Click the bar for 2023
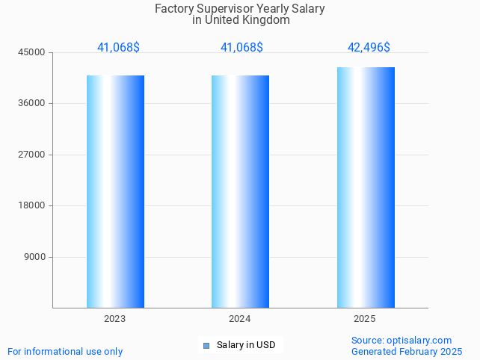[x=115, y=191]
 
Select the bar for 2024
[x=240, y=191]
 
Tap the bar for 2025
[x=366, y=187]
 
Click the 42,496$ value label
[x=369, y=47]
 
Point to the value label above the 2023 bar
[x=118, y=47]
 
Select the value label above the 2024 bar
[x=241, y=47]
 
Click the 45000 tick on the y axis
[x=32, y=52]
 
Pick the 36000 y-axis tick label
[x=32, y=104]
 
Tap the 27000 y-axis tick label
[x=32, y=155]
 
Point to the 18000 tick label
[x=32, y=206]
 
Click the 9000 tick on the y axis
[x=34, y=257]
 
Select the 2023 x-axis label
[x=115, y=319]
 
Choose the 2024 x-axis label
[x=240, y=319]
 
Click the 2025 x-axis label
[x=365, y=319]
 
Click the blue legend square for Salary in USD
[x=206, y=345]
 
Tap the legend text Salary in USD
[x=246, y=345]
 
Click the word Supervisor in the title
[x=223, y=9]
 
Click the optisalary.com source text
[x=419, y=341]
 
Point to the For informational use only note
[x=65, y=351]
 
